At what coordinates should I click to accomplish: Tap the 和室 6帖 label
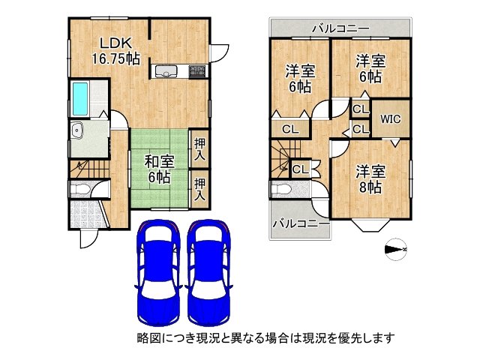coord(158,169)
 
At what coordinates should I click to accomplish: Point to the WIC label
coord(390,118)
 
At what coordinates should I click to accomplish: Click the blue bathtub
coord(80,97)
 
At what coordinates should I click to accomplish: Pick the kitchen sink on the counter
coord(166,72)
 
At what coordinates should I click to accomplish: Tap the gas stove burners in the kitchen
coord(197,72)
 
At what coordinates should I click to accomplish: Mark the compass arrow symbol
coord(394,249)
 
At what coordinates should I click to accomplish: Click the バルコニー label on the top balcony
coord(340,28)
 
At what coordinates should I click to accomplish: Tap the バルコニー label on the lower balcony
coord(300,223)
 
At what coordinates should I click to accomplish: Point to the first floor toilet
coord(80,189)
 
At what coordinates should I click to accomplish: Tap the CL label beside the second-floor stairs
coord(300,169)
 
